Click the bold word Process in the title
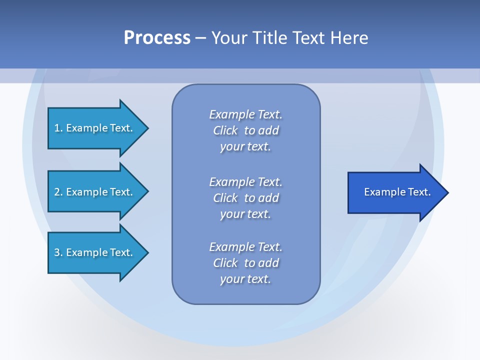pyautogui.click(x=157, y=38)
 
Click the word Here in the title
pyautogui.click(x=348, y=38)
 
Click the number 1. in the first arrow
pyautogui.click(x=58, y=128)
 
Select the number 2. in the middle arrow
pyautogui.click(x=58, y=192)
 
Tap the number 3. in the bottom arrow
pyautogui.click(x=58, y=252)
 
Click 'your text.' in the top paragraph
pyautogui.click(x=245, y=147)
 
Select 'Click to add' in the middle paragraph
pyautogui.click(x=245, y=198)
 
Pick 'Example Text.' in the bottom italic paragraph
pyautogui.click(x=245, y=247)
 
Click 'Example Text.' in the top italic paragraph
pyautogui.click(x=245, y=114)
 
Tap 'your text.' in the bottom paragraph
pyautogui.click(x=245, y=279)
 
